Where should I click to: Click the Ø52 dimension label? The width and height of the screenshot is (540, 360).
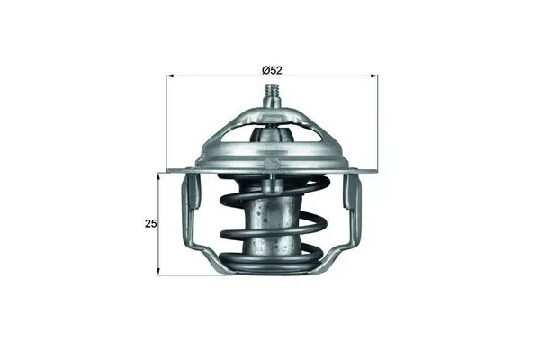coord(272,69)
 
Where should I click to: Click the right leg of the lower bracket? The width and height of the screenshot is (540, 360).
coord(352,216)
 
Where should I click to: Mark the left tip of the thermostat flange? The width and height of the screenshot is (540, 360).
coord(168,169)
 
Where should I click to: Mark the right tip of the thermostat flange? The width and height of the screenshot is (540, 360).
coord(374,169)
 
